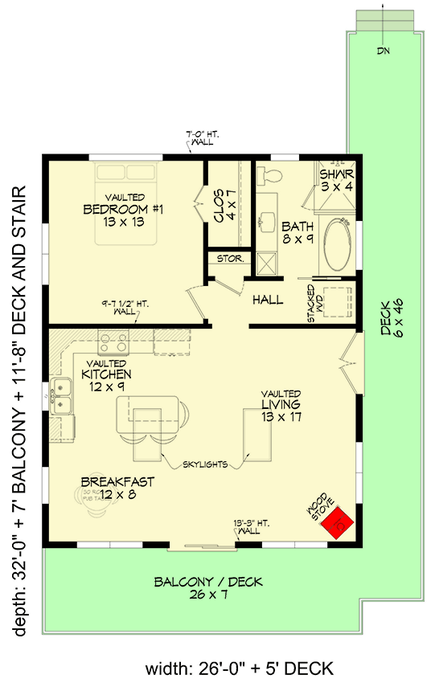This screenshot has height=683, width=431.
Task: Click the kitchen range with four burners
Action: coord(113,343)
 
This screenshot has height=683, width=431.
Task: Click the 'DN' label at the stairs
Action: coord(382,51)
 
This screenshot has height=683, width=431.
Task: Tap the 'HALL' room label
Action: coord(268,300)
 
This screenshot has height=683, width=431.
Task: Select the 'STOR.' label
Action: coord(223,260)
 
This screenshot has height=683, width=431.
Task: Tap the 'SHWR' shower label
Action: coord(336,174)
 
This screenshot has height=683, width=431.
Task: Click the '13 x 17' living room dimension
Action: coord(281,416)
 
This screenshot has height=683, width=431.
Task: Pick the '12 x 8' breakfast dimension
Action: coord(117,495)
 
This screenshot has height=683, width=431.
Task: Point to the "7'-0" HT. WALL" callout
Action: coord(198,139)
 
